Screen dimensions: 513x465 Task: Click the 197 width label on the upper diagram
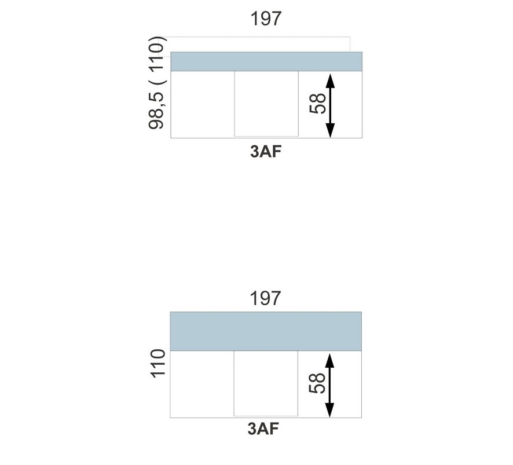pyautogui.click(x=266, y=19)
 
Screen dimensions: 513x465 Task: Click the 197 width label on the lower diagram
pyautogui.click(x=265, y=298)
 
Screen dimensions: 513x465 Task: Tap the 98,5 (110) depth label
pyautogui.click(x=156, y=83)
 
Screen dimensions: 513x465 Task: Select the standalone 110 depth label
pyautogui.click(x=157, y=363)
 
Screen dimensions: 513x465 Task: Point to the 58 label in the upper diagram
pyautogui.click(x=318, y=104)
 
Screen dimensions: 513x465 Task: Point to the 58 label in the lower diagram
pyautogui.click(x=317, y=383)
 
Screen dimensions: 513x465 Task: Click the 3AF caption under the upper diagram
pyautogui.click(x=266, y=152)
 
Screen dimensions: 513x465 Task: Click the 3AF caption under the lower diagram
pyautogui.click(x=263, y=429)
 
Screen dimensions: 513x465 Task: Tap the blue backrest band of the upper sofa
pyautogui.click(x=266, y=61)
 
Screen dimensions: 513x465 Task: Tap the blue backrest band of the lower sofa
pyautogui.click(x=266, y=331)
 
